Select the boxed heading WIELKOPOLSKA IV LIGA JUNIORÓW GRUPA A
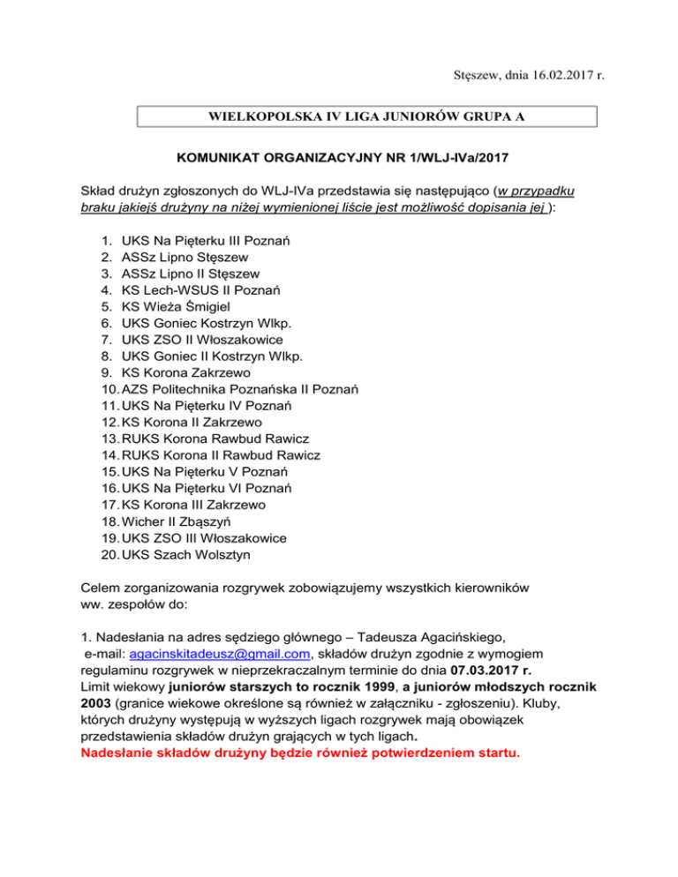(x=367, y=116)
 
